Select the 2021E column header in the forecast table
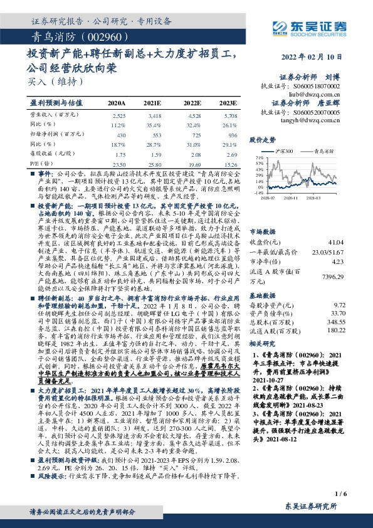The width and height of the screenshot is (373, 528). click(152, 102)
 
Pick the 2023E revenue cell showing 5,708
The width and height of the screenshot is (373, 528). click(230, 116)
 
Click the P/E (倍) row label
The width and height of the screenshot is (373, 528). click(39, 163)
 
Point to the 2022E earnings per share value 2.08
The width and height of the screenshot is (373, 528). click(194, 154)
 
